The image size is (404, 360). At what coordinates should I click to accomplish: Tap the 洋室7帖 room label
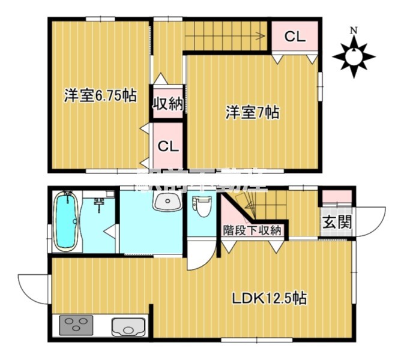[x=252, y=112]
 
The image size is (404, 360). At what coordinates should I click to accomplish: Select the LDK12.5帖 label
[x=270, y=298]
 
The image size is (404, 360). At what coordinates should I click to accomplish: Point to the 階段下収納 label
[x=252, y=229]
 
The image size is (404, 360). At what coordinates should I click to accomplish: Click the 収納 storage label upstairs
[x=167, y=103]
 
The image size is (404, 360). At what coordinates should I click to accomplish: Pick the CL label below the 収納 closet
[x=167, y=146]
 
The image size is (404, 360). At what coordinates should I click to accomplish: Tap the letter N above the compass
[x=354, y=30]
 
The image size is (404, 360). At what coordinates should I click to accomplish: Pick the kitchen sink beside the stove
[x=127, y=328]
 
